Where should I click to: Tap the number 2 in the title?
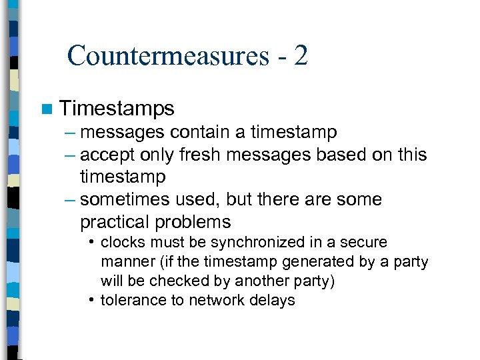[300, 55]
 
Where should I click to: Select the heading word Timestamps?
[117, 108]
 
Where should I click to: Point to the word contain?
[203, 133]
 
